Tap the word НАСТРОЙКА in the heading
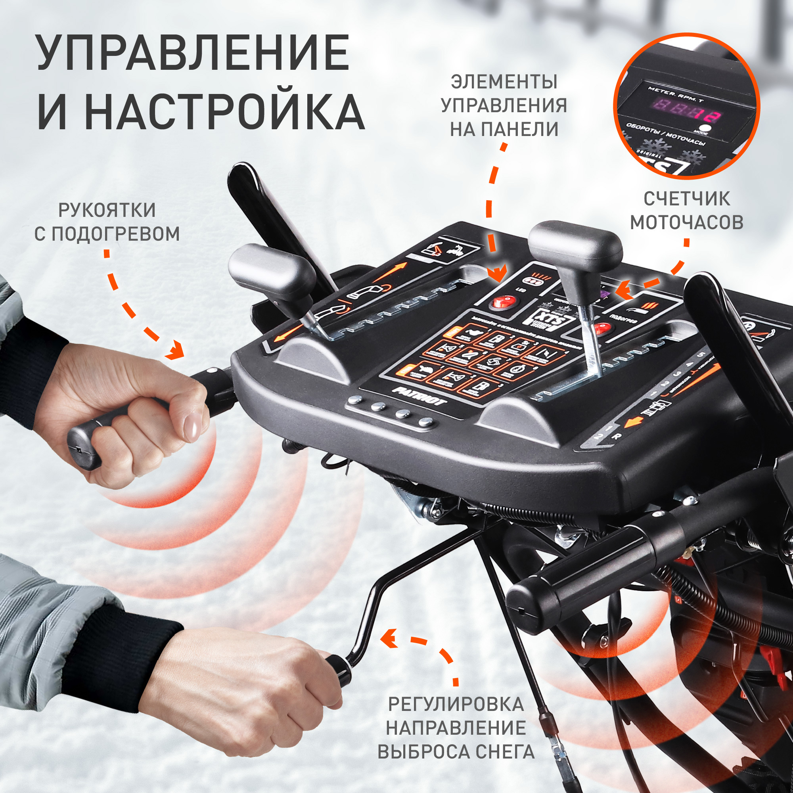click(x=224, y=112)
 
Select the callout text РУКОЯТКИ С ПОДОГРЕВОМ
click(x=107, y=222)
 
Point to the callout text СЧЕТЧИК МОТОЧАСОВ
click(x=686, y=211)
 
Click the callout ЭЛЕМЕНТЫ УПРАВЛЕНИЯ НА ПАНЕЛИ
click(x=504, y=105)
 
